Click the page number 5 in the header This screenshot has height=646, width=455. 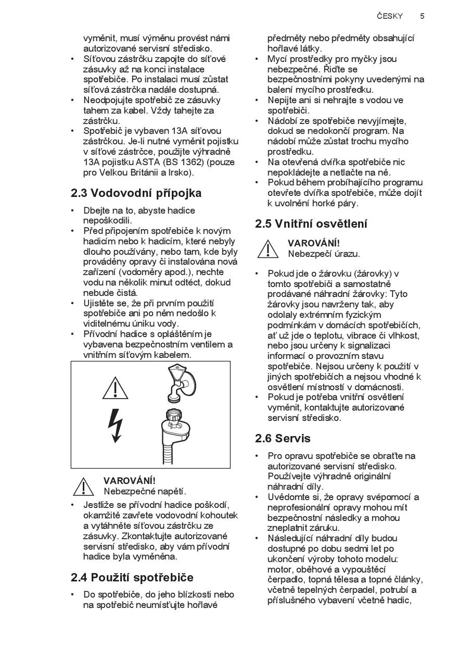(422, 16)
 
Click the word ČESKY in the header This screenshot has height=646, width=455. (390, 16)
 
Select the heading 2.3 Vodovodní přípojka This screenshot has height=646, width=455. (136, 193)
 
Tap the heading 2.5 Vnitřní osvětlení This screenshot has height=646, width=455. (311, 224)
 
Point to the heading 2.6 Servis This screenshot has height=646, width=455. (283, 438)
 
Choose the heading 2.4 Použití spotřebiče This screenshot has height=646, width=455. (132, 577)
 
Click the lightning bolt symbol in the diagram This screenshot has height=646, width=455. (115, 425)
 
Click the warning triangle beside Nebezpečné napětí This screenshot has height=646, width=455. (84, 486)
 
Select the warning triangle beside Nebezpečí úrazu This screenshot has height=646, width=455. (268, 249)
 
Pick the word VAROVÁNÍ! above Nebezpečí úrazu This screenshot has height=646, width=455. (313, 243)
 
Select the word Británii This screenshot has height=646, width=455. (138, 172)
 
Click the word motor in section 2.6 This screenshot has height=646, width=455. (280, 569)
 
